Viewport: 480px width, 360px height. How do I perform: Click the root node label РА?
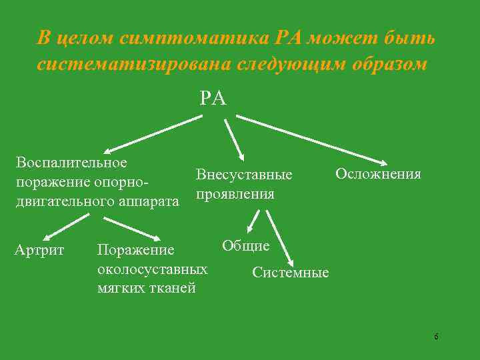(213, 99)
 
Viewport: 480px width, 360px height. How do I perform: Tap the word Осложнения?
(378, 174)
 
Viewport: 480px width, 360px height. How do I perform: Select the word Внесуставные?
(244, 175)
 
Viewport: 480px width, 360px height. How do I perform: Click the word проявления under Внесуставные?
(235, 194)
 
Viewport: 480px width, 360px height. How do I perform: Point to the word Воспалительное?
(72, 162)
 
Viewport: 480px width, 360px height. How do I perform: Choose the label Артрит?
(39, 250)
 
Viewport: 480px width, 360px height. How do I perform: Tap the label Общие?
(245, 245)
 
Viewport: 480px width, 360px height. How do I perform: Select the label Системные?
(291, 272)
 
